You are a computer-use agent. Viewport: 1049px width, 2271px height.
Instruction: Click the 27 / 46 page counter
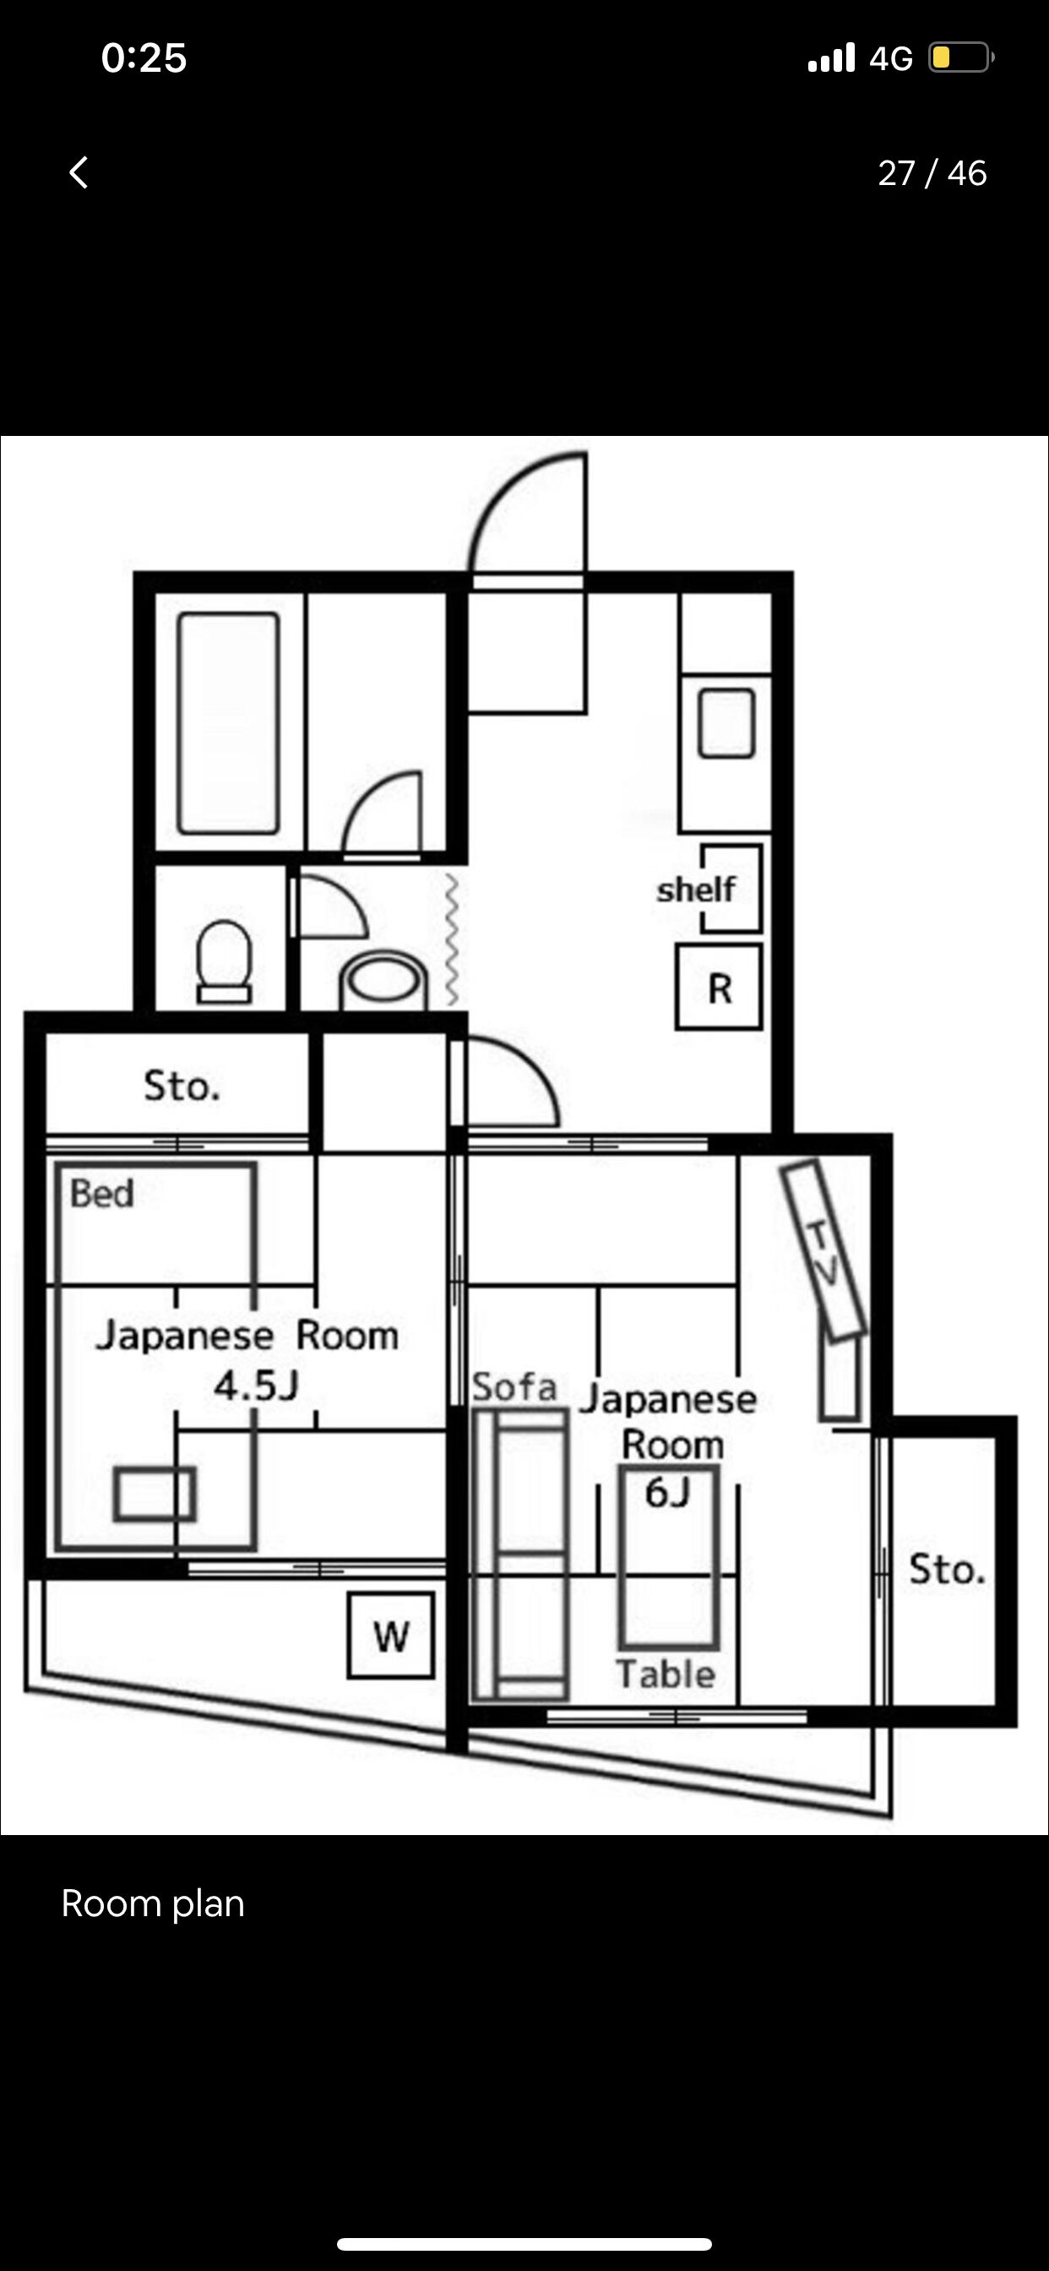pos(931,174)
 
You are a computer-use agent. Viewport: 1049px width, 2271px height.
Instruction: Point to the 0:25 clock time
pos(144,58)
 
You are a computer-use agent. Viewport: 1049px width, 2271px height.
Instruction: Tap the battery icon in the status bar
pos(960,58)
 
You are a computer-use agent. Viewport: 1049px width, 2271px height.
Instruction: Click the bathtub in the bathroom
pos(228,723)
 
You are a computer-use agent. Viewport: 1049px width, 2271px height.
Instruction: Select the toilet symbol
pos(224,960)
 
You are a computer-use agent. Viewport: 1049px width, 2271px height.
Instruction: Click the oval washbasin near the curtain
pos(383,980)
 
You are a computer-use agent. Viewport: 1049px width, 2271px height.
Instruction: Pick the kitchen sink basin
pos(726,724)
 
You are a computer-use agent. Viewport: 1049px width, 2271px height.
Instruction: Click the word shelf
pos(695,890)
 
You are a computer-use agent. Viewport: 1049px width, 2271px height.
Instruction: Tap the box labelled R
pos(719,988)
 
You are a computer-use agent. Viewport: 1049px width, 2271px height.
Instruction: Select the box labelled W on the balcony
pos(390,1636)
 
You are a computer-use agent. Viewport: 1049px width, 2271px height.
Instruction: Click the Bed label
pos(102,1194)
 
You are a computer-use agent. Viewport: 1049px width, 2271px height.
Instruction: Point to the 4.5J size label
pos(256,1386)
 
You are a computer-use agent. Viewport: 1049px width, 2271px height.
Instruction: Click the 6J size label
pos(666,1493)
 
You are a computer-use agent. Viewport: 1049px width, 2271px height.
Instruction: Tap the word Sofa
pos(514,1386)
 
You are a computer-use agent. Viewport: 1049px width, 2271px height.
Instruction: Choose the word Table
pos(666,1675)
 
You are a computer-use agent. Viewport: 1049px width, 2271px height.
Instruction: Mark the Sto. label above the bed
pos(182,1086)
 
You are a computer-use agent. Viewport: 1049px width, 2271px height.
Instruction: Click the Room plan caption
pos(153,1903)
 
